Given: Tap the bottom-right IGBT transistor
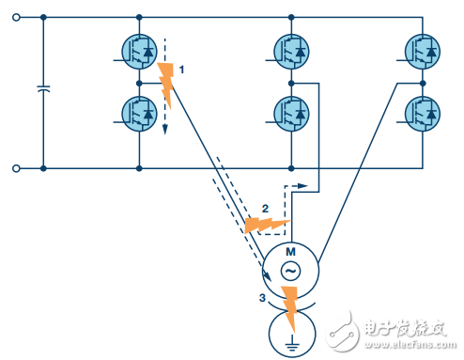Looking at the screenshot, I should (423, 113).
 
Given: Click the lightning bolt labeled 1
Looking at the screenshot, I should (167, 83).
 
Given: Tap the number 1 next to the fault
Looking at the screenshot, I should (182, 70).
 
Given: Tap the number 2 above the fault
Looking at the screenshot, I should (265, 207).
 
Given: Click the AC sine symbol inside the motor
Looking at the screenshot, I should (290, 271).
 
